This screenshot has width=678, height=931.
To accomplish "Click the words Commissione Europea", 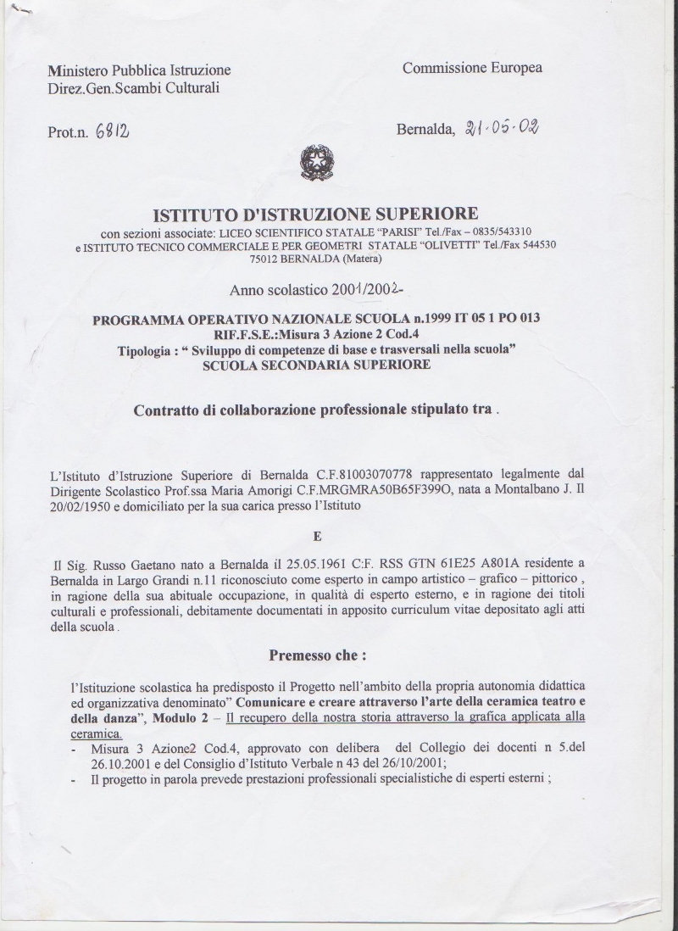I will [472, 68].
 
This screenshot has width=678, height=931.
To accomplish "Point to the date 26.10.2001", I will [108, 762].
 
